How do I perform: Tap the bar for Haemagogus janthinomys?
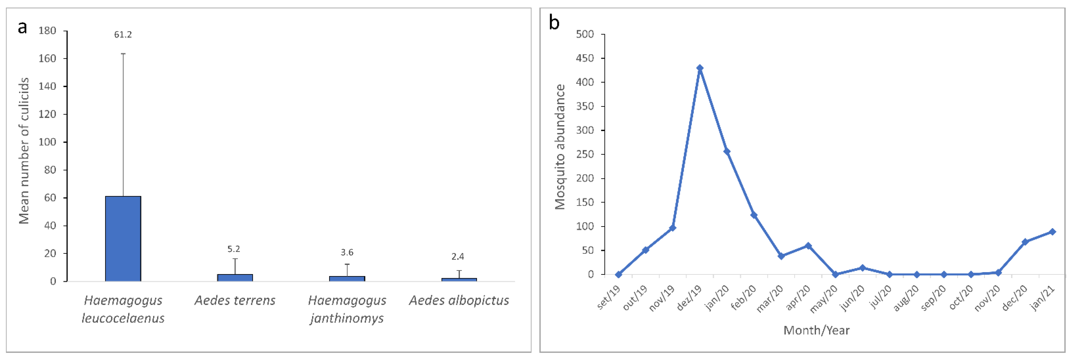347,278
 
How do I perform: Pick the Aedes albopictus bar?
459,280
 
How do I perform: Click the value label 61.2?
123,35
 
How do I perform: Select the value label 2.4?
458,257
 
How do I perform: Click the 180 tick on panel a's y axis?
47,31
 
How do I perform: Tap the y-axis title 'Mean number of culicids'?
24,151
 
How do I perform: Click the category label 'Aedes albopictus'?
459,300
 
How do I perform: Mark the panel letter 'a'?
22,27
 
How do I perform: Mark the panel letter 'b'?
554,22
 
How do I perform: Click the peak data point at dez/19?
700,68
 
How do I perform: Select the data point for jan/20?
727,151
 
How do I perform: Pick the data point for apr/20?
808,246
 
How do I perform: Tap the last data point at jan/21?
1052,232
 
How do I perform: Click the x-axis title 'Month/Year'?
816,330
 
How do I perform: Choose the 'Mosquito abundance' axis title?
560,146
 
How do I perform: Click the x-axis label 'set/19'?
609,298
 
